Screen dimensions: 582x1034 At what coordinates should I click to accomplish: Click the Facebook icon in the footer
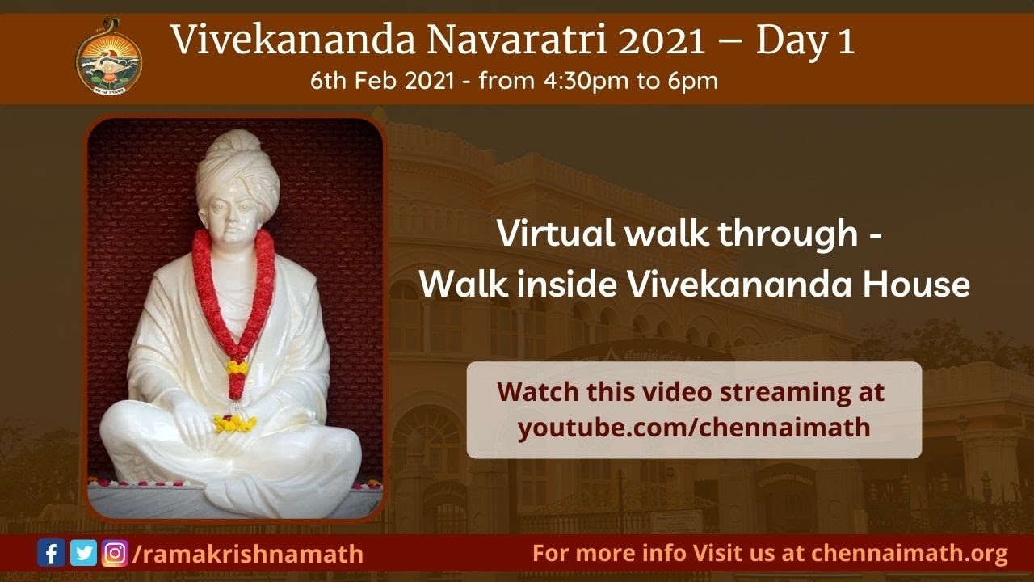(52, 554)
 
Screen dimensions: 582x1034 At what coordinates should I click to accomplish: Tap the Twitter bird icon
(83, 554)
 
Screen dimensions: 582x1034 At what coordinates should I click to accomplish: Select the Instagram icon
(115, 554)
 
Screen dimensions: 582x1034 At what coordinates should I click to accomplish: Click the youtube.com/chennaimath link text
(694, 427)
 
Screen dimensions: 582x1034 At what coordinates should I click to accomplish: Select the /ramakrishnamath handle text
(247, 555)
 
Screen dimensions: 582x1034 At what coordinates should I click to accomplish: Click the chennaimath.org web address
(910, 554)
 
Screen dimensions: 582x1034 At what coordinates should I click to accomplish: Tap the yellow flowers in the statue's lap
(234, 422)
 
